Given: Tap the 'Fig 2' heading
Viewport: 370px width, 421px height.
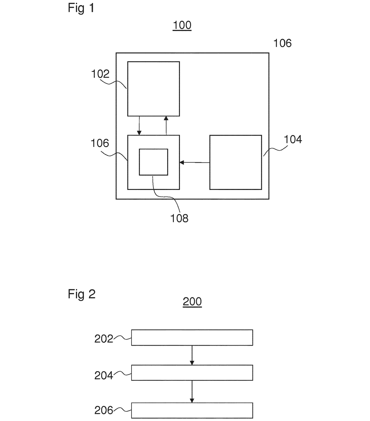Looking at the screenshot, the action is point(81,294).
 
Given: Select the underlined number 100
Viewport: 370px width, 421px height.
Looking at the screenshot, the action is point(182,25).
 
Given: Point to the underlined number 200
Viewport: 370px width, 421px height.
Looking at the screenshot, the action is point(192,301).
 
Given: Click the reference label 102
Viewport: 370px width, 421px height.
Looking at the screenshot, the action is point(100,74).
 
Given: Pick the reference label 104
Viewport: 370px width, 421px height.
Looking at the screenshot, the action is point(293,139).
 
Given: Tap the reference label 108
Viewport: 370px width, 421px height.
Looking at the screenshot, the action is point(179,218).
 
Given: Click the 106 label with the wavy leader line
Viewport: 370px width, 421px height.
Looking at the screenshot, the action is point(100,143).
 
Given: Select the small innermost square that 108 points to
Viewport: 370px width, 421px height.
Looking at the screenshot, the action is point(153,162).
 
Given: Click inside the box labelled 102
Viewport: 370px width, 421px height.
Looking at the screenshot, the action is point(154,89).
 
